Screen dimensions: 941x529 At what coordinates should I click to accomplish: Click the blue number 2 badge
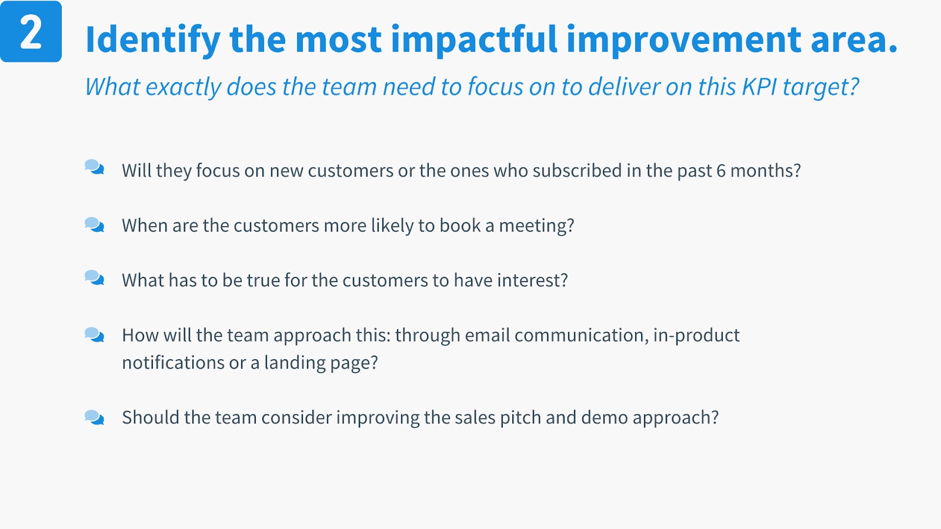31,32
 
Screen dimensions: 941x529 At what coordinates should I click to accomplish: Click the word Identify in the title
153,40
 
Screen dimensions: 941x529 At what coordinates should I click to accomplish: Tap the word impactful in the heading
474,40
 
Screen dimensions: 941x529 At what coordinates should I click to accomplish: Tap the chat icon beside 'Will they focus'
95,167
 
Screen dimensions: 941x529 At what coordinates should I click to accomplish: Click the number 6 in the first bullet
721,171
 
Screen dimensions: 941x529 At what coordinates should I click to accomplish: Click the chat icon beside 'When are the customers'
95,225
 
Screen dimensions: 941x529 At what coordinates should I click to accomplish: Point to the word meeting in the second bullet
536,226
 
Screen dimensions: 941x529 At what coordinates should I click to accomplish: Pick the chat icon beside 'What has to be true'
95,278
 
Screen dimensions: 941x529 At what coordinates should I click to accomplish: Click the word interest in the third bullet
532,280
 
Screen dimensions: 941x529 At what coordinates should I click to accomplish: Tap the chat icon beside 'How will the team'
95,335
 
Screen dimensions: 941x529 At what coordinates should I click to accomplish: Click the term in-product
696,336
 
